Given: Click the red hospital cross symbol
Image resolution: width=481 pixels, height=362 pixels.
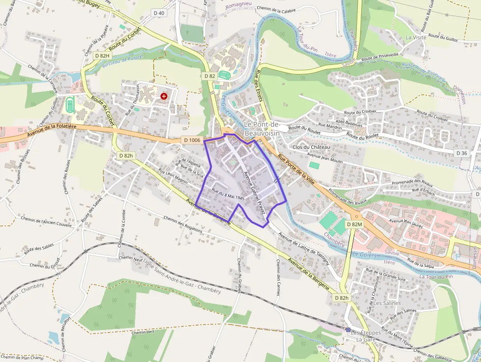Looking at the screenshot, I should (164, 97).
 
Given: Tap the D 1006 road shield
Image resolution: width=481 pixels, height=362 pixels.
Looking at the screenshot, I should (192, 140).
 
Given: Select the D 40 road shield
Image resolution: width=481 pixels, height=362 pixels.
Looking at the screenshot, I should (159, 13).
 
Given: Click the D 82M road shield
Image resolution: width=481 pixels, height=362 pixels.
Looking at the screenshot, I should (354, 224).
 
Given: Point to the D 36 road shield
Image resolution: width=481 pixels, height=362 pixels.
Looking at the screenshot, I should (461, 153).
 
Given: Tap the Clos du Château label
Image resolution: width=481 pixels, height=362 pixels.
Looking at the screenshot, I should (311, 147).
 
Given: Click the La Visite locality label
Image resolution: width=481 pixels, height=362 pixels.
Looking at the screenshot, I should (416, 37).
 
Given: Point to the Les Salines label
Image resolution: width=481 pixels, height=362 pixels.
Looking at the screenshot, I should (387, 303).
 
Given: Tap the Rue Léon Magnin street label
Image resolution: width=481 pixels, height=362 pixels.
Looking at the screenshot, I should (173, 177).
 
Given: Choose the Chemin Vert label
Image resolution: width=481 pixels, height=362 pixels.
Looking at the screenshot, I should (143, 332).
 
